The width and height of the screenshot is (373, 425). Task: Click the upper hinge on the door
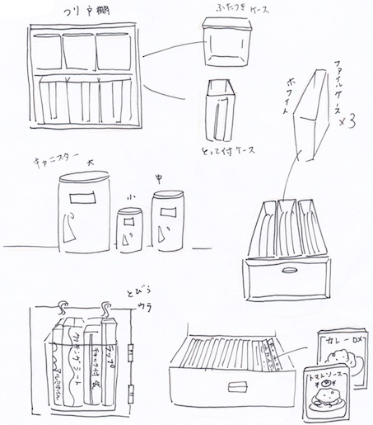[134, 347]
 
